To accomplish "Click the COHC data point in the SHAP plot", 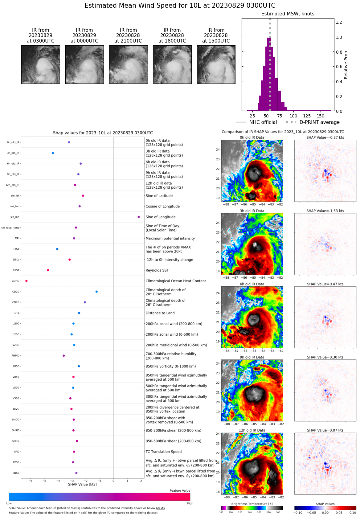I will pyautogui.click(x=27, y=281).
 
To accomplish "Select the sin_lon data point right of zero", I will pyautogui.click(x=139, y=217).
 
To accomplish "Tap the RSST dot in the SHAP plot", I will pyautogui.click(x=48, y=270).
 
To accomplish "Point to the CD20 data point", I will pyautogui.click(x=97, y=292).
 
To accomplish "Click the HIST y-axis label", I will pyautogui.click(x=16, y=249).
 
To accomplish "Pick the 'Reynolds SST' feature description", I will pyautogui.click(x=157, y=270).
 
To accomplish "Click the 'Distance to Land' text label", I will pyautogui.click(x=160, y=313).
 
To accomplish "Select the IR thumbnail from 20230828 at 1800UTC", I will pyautogui.click(x=172, y=64).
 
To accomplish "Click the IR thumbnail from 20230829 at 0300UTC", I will pyautogui.click(x=41, y=64).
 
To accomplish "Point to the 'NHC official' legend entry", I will pyautogui.click(x=263, y=122).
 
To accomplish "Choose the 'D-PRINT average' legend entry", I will pyautogui.click(x=319, y=122).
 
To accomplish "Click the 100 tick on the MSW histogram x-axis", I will pyautogui.click(x=293, y=116).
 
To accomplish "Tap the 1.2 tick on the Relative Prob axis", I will pyautogui.click(x=339, y=22).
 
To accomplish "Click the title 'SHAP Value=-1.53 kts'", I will pyautogui.click(x=325, y=211).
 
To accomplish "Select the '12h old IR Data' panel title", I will pyautogui.click(x=252, y=430).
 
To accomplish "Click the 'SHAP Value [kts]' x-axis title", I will pyautogui.click(x=82, y=484).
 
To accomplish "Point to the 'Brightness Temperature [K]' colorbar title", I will pyautogui.click(x=252, y=504).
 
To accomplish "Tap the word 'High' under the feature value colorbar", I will pyautogui.click(x=190, y=503).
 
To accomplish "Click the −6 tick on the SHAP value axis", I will pyautogui.click(x=30, y=481).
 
